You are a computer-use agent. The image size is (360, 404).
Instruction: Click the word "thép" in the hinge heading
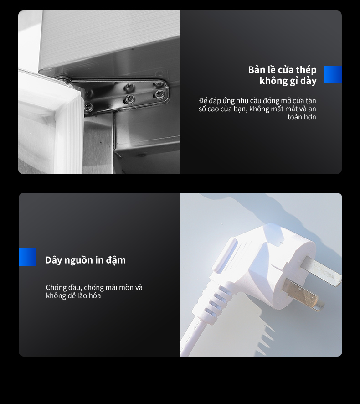(306, 70)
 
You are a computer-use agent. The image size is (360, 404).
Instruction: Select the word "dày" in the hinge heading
(308, 81)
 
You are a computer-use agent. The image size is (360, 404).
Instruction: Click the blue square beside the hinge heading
(333, 74)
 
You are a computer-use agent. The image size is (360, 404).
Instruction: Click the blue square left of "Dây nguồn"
(27, 257)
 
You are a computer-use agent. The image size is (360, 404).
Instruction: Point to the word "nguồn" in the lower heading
(78, 260)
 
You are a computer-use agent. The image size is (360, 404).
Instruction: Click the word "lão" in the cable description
(82, 295)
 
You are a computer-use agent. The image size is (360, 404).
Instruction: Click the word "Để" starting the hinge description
(203, 100)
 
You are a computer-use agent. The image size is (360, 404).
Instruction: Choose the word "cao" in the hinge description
(213, 109)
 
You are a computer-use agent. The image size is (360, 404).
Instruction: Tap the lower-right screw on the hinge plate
(159, 94)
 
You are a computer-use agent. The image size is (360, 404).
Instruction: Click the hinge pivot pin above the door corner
(62, 78)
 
